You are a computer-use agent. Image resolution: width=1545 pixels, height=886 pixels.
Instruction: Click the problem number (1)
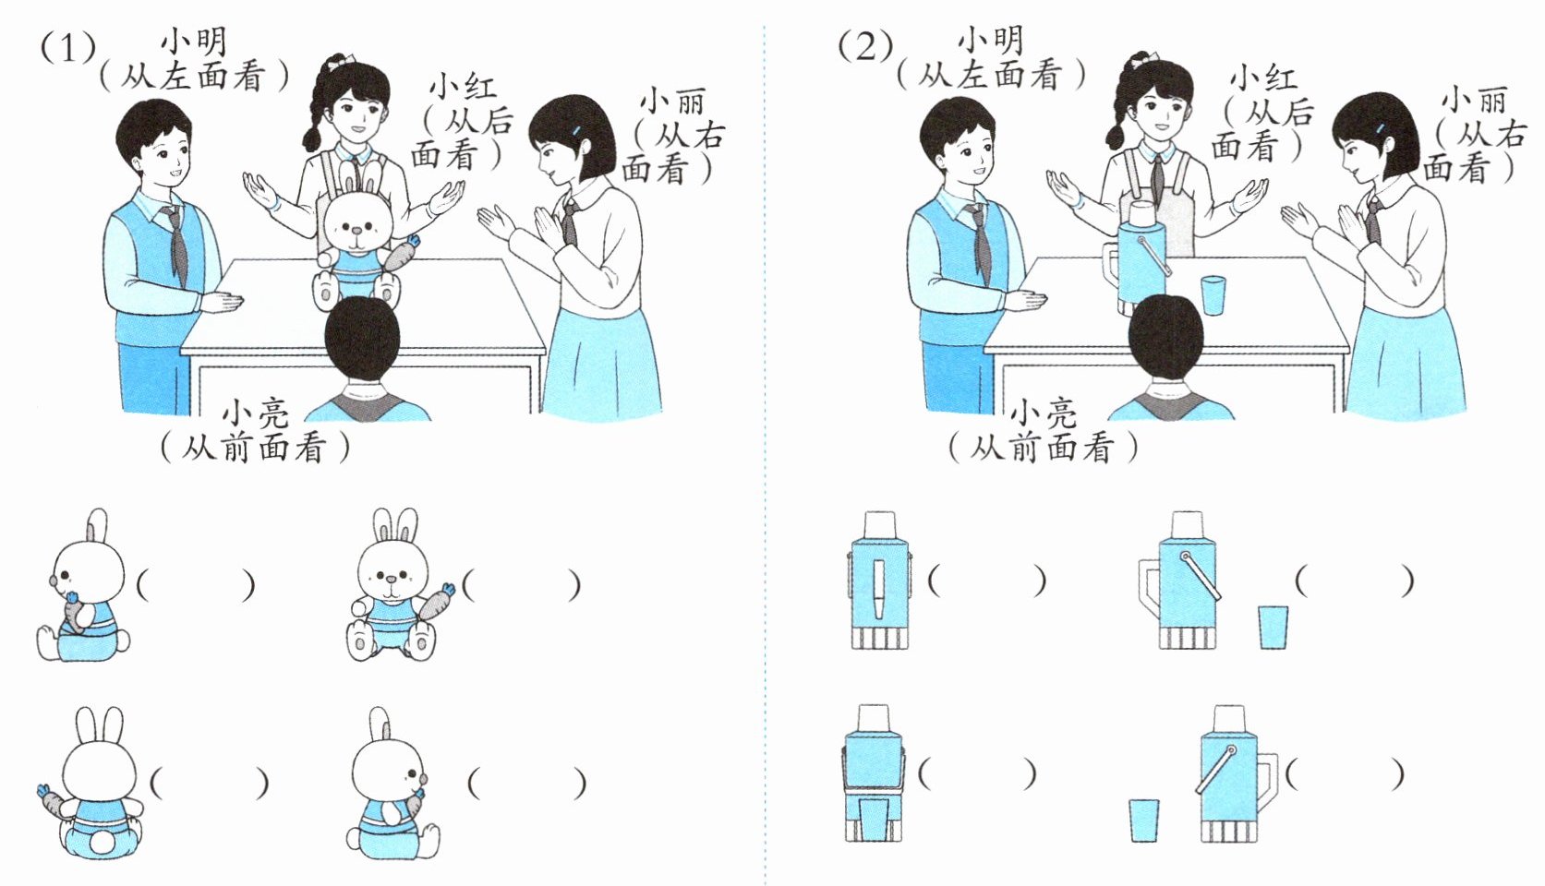pyautogui.click(x=67, y=48)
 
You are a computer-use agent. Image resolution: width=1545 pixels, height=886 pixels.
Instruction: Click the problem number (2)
pyautogui.click(x=865, y=47)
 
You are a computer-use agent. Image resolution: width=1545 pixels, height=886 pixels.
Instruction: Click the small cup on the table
pyautogui.click(x=1213, y=295)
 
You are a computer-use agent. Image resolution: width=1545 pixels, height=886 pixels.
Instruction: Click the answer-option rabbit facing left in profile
pyautogui.click(x=83, y=586)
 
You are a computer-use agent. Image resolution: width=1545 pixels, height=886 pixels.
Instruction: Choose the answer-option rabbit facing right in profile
pyautogui.click(x=391, y=784)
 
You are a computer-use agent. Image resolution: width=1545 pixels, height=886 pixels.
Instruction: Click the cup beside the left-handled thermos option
pyautogui.click(x=1273, y=627)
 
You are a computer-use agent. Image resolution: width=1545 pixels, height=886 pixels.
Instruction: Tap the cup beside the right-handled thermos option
pyautogui.click(x=1144, y=820)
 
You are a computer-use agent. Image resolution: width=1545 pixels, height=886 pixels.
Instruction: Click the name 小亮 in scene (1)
pyautogui.click(x=255, y=413)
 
